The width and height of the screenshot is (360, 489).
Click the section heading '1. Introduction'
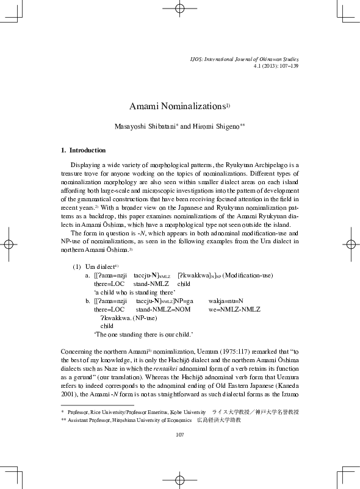pyautogui.click(x=84, y=150)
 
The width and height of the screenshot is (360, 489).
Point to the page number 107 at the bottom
pyautogui.click(x=179, y=434)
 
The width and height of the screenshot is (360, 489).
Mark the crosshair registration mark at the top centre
pyautogui.click(x=179, y=9)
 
